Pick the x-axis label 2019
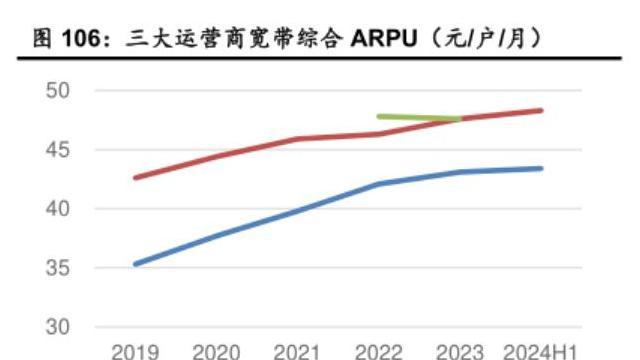click(135, 352)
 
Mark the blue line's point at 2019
click(135, 264)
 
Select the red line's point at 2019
click(135, 178)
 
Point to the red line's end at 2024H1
click(542, 110)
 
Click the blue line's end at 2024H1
click(542, 168)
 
